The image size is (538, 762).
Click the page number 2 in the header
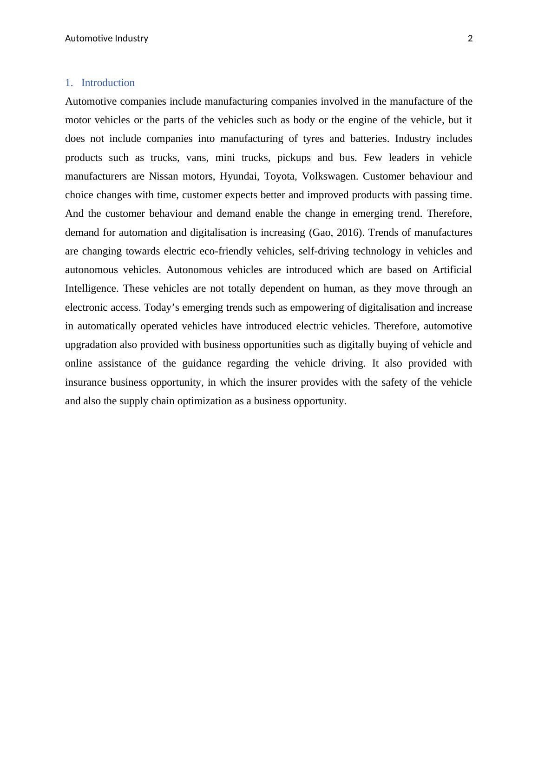[x=470, y=39]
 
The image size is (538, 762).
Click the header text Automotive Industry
[x=106, y=39]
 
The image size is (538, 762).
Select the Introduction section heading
[x=108, y=83]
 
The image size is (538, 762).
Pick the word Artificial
[x=452, y=270]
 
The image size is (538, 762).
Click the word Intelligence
[x=92, y=289]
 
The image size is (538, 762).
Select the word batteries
[x=367, y=139]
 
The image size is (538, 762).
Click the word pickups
[x=294, y=158]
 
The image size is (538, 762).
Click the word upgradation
[x=91, y=345]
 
